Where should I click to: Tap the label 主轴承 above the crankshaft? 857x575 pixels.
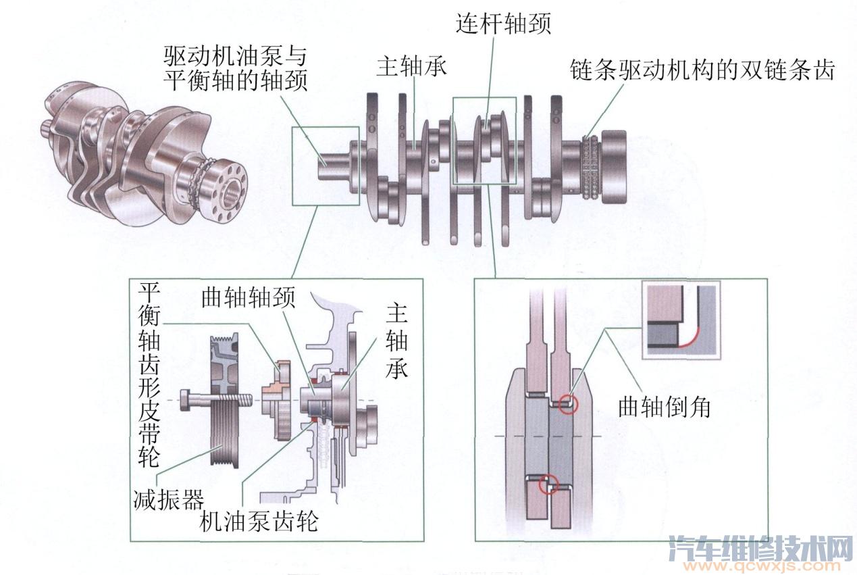413,67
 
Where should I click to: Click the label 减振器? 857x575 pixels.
168,501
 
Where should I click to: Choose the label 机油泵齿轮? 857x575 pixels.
259,522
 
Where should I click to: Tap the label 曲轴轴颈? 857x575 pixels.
248,299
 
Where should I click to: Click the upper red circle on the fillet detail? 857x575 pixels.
568,403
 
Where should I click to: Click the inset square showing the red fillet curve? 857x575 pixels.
681,320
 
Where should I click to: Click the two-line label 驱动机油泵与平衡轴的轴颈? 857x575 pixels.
236,68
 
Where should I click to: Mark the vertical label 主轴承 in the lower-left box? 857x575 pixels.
396,341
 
